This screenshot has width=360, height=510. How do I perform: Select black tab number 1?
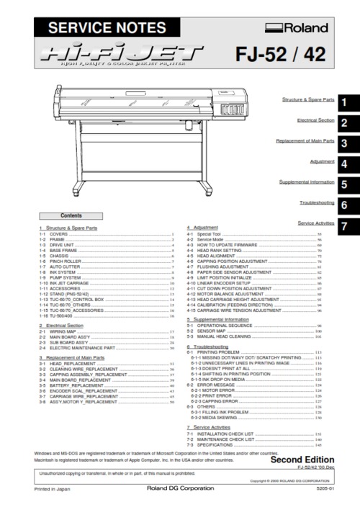[346, 102]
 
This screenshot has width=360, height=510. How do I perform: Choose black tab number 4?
[346, 164]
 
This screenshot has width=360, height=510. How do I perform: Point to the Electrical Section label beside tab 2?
[315, 120]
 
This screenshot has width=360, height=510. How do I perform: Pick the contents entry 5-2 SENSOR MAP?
[213, 330]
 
